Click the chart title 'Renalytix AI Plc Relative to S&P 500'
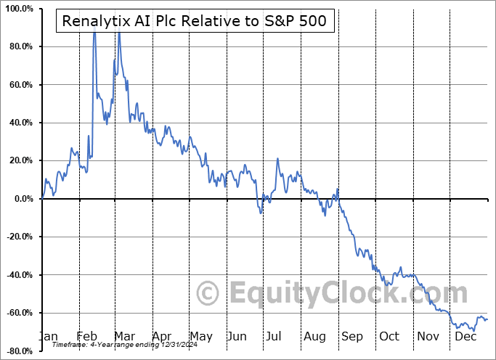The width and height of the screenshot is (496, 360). [x=195, y=22]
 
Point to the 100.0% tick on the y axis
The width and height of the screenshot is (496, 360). [x=19, y=9]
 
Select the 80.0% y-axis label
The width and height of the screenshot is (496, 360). [x=20, y=47]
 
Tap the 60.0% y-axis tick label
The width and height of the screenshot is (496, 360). [x=20, y=85]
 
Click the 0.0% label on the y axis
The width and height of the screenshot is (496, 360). [x=23, y=199]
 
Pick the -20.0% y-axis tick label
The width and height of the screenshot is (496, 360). [x=19, y=237]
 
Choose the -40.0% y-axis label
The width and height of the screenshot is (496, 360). [x=19, y=275]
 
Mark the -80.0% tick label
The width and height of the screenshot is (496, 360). [x=19, y=351]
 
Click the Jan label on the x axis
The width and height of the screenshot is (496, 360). [x=49, y=336]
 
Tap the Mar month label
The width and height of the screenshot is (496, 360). [x=123, y=336]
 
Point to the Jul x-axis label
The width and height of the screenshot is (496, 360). [x=275, y=336]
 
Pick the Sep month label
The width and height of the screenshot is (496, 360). [x=351, y=336]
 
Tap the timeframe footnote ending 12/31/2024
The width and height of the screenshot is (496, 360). [x=115, y=346]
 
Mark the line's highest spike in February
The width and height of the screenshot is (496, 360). [x=94, y=30]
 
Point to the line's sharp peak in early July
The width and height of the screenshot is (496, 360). [x=277, y=159]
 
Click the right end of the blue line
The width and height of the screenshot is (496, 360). [x=487, y=319]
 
